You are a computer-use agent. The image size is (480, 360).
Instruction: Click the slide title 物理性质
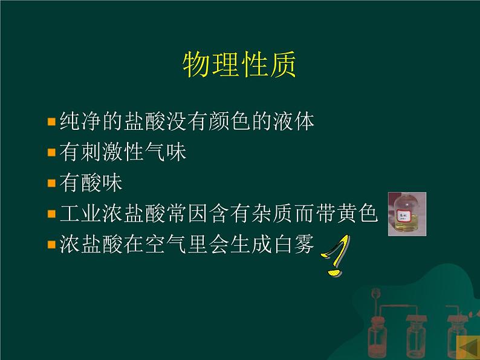[x=239, y=65]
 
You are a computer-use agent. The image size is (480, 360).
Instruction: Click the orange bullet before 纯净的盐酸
[x=51, y=122]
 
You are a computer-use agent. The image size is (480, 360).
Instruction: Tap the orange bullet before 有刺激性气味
[x=51, y=152]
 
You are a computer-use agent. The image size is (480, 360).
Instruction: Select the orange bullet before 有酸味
[x=51, y=183]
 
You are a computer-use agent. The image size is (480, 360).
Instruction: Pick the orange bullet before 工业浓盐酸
[x=51, y=213]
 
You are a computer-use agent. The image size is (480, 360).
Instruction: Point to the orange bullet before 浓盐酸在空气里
[x=51, y=244]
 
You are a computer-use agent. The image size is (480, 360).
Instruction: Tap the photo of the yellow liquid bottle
[x=407, y=214]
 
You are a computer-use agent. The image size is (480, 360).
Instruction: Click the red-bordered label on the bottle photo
[x=403, y=215]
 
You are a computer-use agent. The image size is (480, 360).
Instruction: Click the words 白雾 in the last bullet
[x=294, y=244]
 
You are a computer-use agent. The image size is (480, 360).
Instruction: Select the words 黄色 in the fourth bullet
[x=357, y=213]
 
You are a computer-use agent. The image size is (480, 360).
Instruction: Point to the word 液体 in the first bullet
[x=294, y=121]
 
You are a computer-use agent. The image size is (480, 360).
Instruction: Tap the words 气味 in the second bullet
[x=166, y=152]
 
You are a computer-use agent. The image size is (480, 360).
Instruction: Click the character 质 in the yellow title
[x=282, y=65]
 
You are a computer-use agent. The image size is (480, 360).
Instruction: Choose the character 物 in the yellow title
[x=196, y=65]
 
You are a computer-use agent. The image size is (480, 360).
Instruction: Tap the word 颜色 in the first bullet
[x=230, y=121]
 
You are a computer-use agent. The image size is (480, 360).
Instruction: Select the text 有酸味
[x=91, y=182]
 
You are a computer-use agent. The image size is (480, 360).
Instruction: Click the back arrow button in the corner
[x=468, y=348]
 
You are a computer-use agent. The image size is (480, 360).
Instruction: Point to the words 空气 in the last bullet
[x=166, y=244]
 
